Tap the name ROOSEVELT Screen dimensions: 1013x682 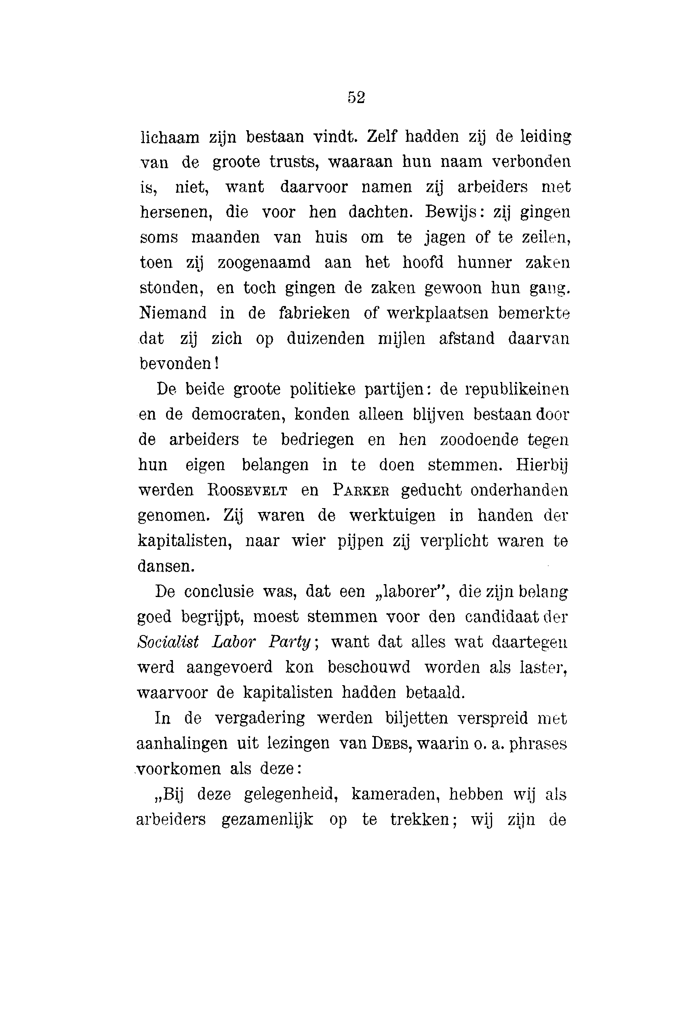(x=247, y=490)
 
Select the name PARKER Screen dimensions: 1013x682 (x=360, y=490)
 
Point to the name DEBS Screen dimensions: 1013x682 (x=390, y=744)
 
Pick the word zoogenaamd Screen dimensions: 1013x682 (x=263, y=263)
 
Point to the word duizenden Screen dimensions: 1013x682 (x=325, y=338)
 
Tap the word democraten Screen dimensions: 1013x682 (x=238, y=414)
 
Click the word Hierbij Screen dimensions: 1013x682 (x=542, y=466)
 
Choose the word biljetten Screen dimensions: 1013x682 (x=417, y=718)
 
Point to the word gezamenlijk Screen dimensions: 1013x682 (x=267, y=820)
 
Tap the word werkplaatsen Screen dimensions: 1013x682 (x=438, y=313)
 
